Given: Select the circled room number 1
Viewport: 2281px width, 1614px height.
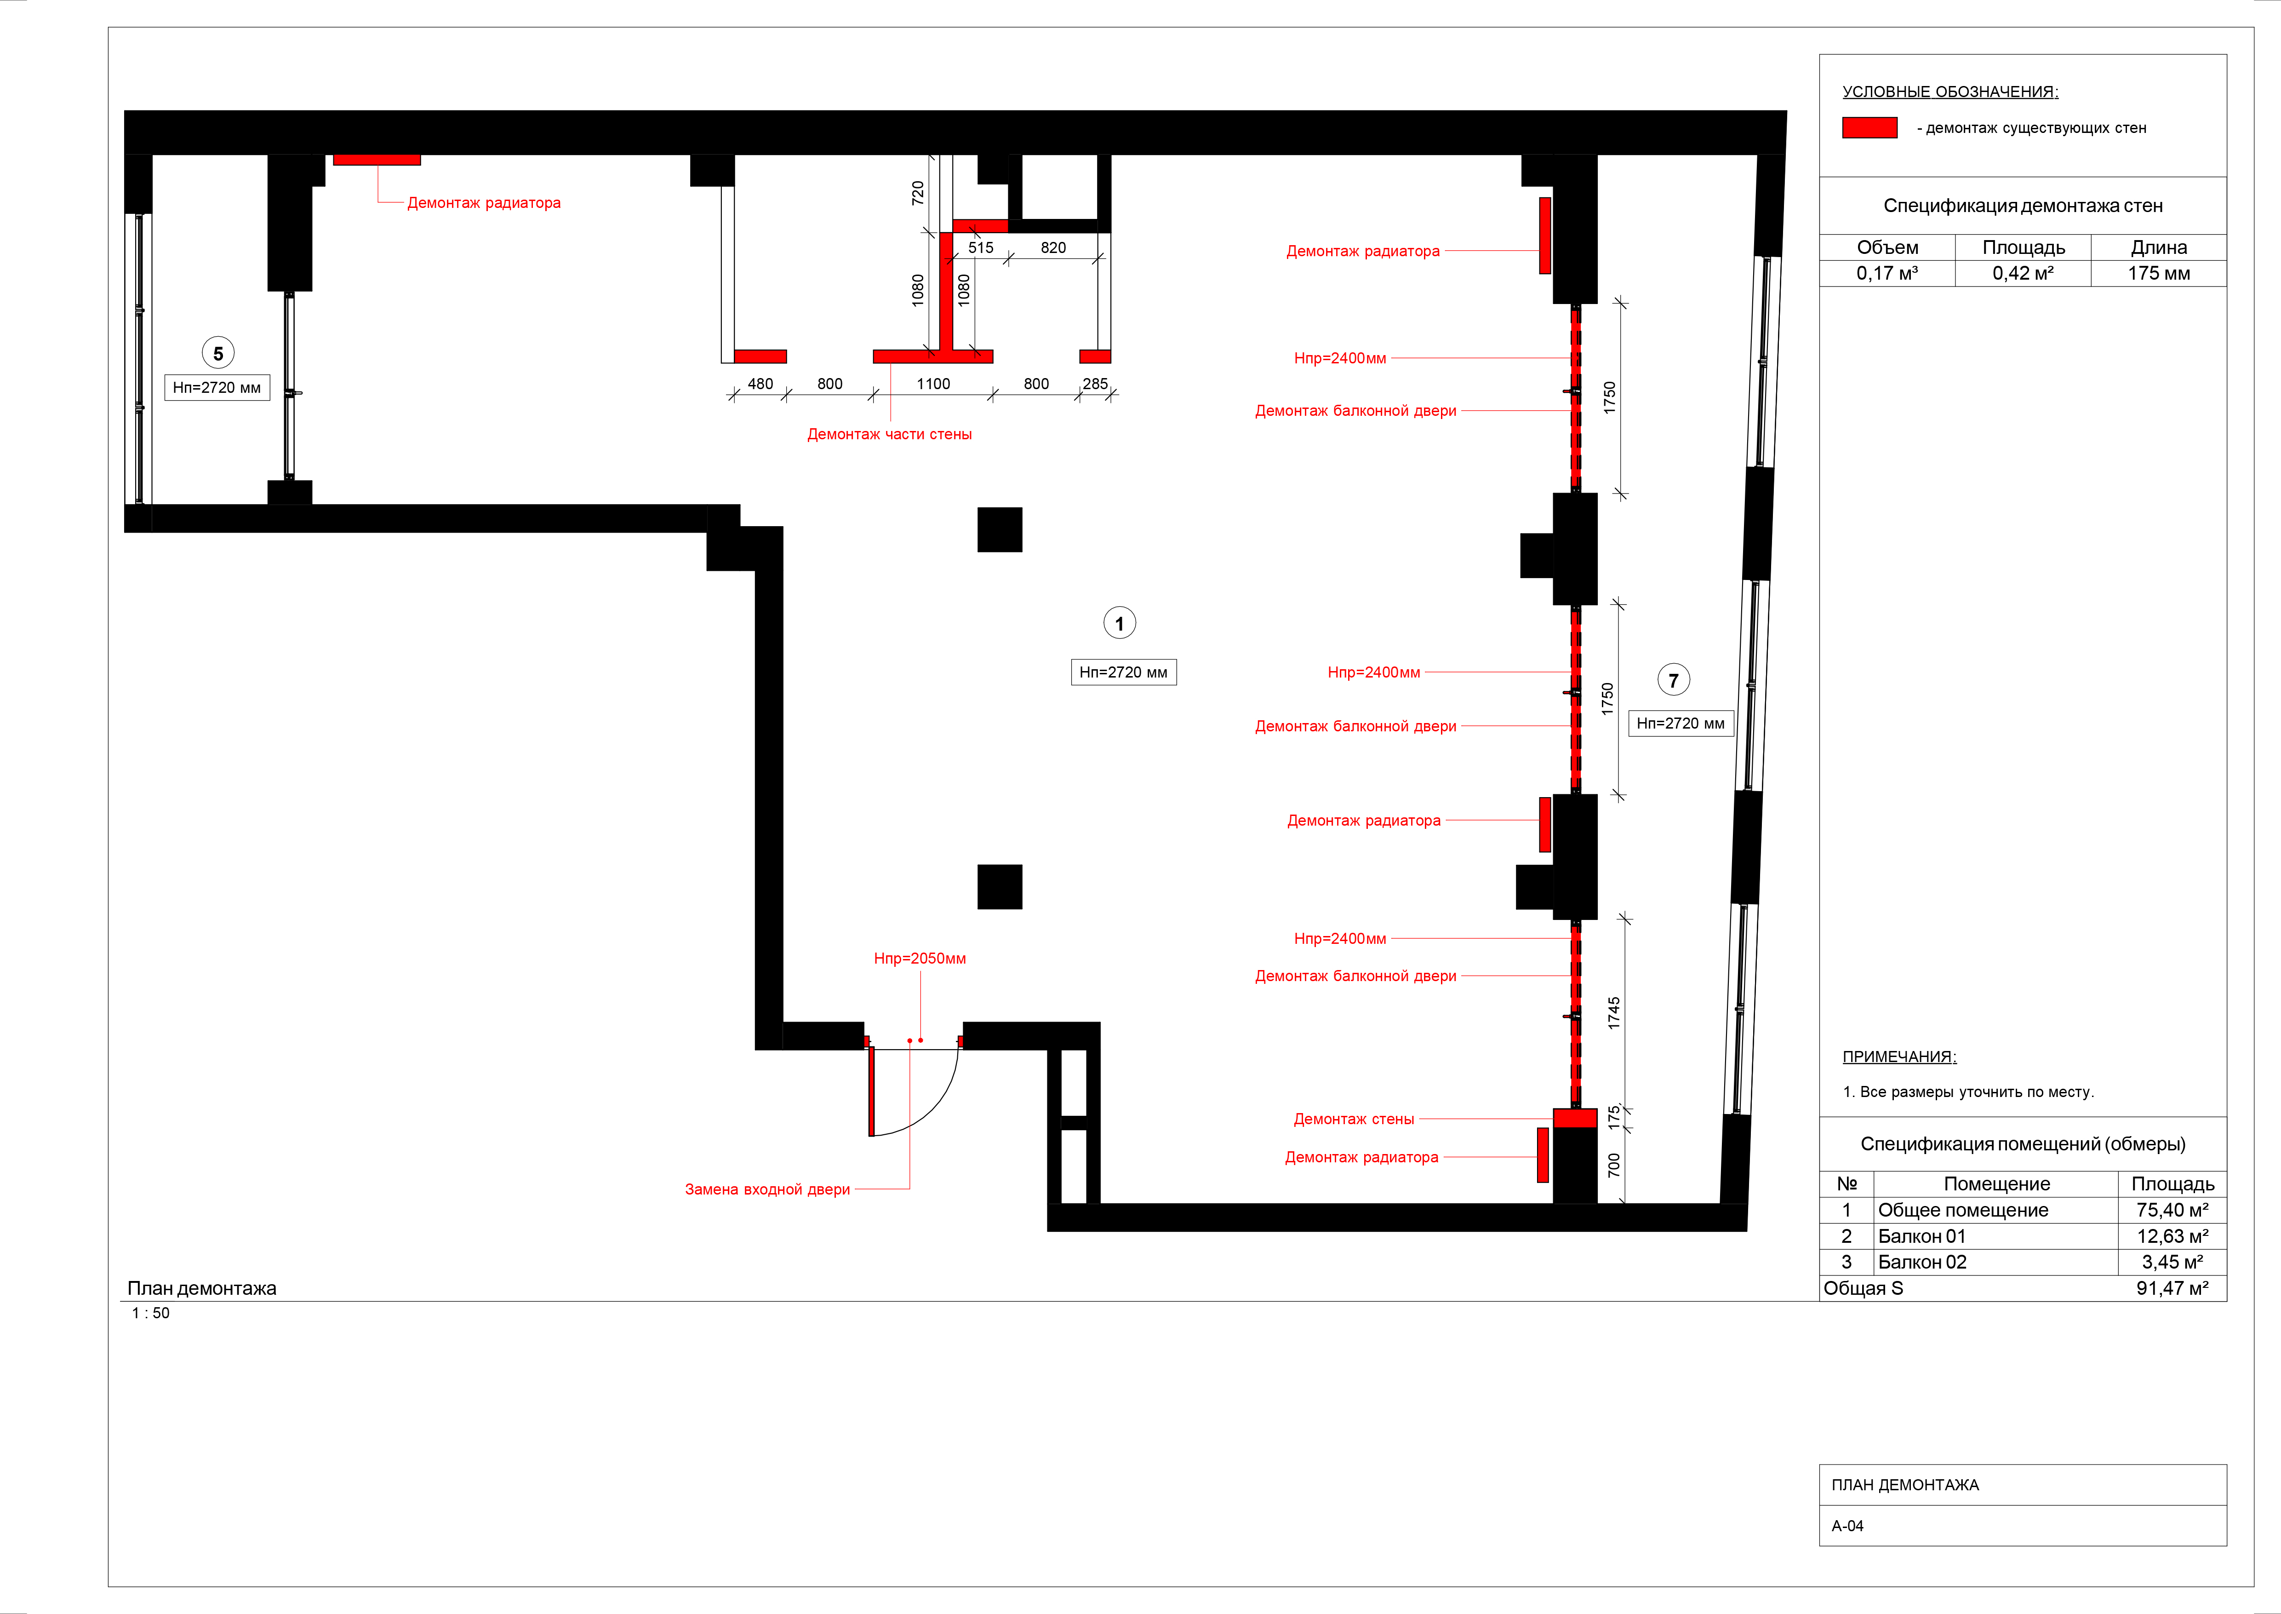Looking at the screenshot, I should click(1120, 623).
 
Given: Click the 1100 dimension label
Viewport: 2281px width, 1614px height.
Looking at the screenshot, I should click(933, 384).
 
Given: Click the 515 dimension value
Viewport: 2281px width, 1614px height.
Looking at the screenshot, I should click(981, 247).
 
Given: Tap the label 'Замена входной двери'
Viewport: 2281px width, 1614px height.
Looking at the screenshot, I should click(767, 1189).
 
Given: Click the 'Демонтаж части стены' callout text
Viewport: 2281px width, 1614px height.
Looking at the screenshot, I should click(889, 434).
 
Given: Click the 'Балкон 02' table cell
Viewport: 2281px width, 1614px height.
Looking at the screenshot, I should click(1921, 1262).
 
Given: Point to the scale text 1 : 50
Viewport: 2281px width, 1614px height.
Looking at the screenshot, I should click(151, 1313).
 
